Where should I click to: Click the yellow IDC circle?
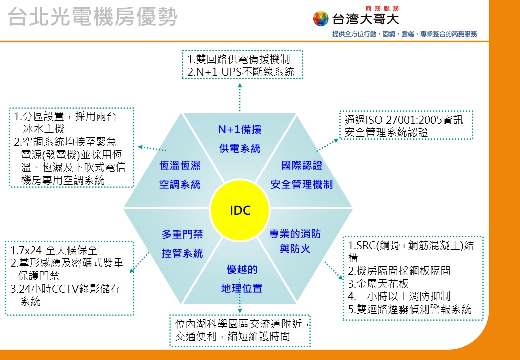pyautogui.click(x=240, y=211)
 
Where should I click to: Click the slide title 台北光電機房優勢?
pyautogui.click(x=93, y=17)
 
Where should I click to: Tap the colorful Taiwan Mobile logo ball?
pyautogui.click(x=320, y=18)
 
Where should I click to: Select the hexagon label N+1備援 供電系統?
pyautogui.click(x=240, y=139)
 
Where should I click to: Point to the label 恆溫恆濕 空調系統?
pyautogui.click(x=180, y=175)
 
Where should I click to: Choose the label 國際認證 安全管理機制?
pyautogui.click(x=302, y=175)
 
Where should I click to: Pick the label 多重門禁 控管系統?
pyautogui.click(x=182, y=244)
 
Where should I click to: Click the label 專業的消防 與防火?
pyautogui.click(x=295, y=241)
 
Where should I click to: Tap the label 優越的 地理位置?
pyautogui.click(x=242, y=279)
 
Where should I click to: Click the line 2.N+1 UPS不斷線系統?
pyautogui.click(x=241, y=72)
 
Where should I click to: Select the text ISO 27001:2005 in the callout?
pyautogui.click(x=403, y=120)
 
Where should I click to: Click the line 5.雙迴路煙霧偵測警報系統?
pyautogui.click(x=410, y=309)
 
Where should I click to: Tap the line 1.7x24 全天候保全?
pyautogui.click(x=54, y=250)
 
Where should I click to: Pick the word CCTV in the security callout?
pyautogui.click(x=63, y=289)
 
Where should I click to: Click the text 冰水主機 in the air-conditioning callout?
pyautogui.click(x=44, y=129)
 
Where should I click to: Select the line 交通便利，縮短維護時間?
pyautogui.click(x=233, y=337)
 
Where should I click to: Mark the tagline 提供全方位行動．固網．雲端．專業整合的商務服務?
pyautogui.click(x=405, y=34)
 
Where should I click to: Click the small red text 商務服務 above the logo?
pyautogui.click(x=382, y=8)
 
